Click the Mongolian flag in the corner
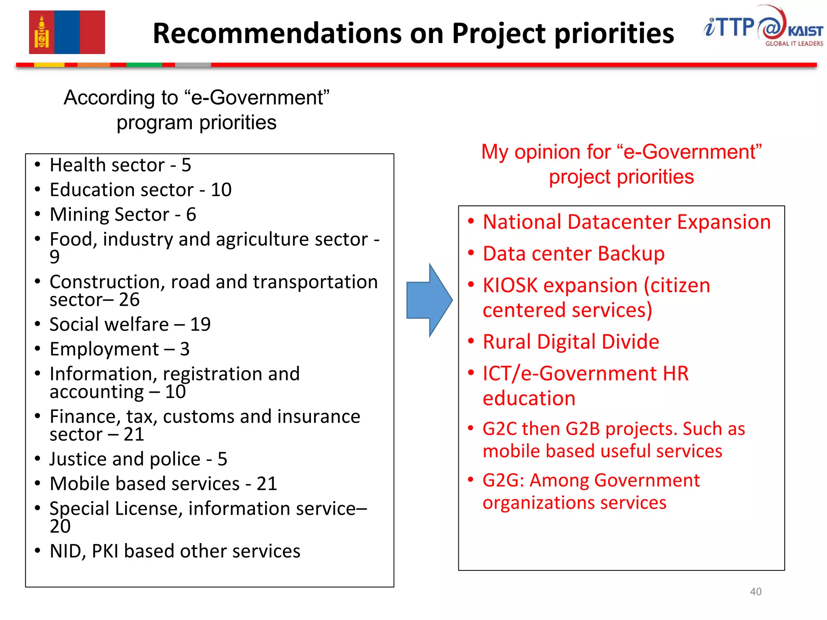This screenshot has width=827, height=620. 67,32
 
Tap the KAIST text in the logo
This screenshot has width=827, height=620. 805,31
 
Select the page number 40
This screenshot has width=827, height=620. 756,591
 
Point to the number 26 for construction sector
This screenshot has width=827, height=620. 129,300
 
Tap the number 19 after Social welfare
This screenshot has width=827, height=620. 200,325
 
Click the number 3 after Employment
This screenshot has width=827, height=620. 185,349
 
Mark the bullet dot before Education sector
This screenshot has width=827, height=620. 38,189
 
